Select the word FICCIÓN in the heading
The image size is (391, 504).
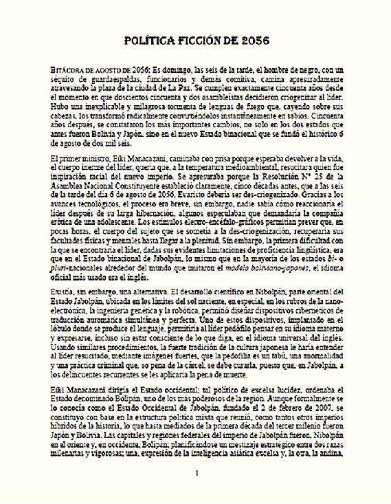(x=199, y=42)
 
